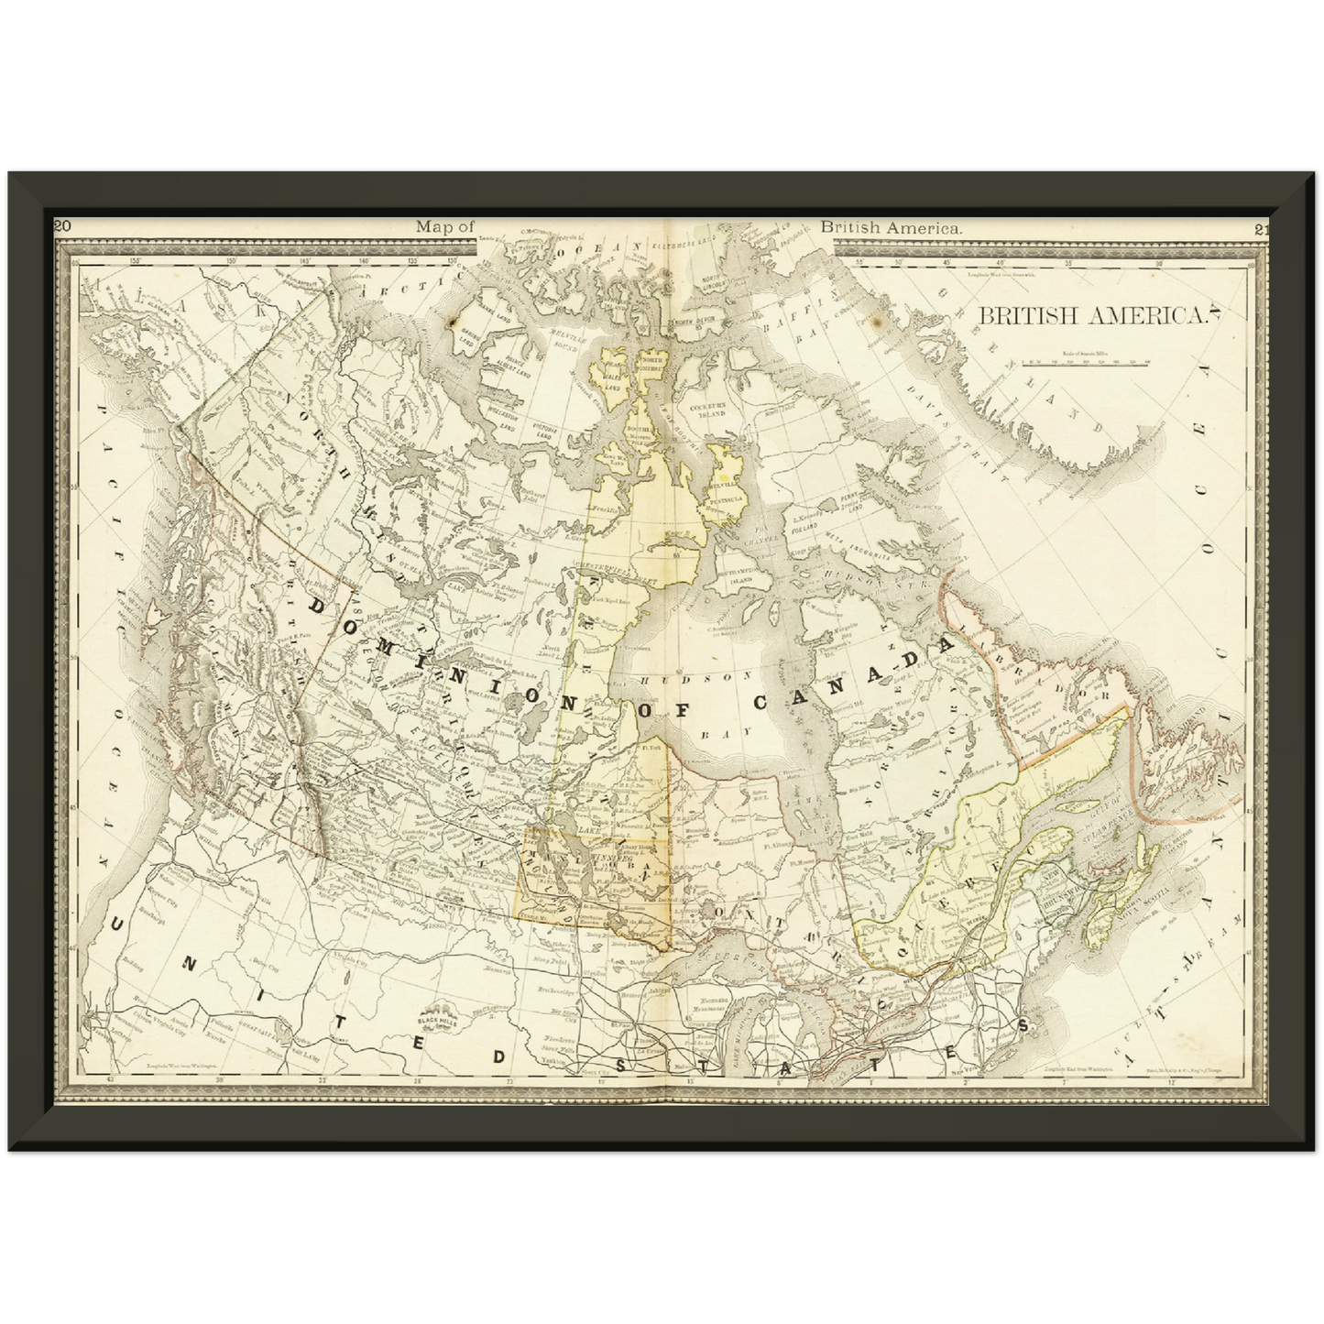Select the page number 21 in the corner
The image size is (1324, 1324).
click(x=1262, y=229)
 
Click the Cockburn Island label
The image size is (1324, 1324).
click(x=706, y=410)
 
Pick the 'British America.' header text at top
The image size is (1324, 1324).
click(x=891, y=227)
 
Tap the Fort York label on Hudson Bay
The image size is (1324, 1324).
click(x=652, y=750)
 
